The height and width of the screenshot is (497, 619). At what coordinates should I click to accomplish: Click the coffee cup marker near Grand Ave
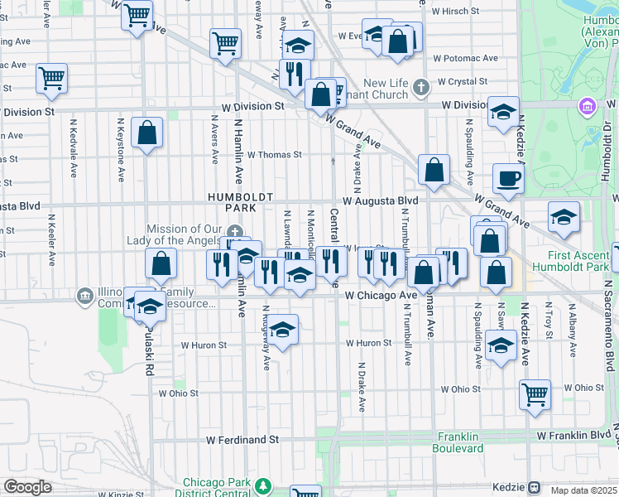[508, 177]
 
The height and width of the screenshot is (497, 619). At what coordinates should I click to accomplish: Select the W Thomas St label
[274, 154]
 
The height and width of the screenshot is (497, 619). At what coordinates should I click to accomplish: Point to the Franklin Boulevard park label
[458, 442]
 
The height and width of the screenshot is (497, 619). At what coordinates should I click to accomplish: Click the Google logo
[27, 487]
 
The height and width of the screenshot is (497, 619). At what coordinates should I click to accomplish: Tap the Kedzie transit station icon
[535, 487]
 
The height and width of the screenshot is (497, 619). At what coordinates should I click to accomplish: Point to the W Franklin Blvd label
[572, 435]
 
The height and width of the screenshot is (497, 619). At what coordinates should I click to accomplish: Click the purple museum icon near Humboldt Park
[588, 106]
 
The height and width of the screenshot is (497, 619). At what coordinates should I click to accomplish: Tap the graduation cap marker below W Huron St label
[282, 331]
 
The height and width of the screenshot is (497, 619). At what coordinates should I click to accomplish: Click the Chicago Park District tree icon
[263, 485]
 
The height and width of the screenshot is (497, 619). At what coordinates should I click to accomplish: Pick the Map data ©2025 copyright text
[583, 490]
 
